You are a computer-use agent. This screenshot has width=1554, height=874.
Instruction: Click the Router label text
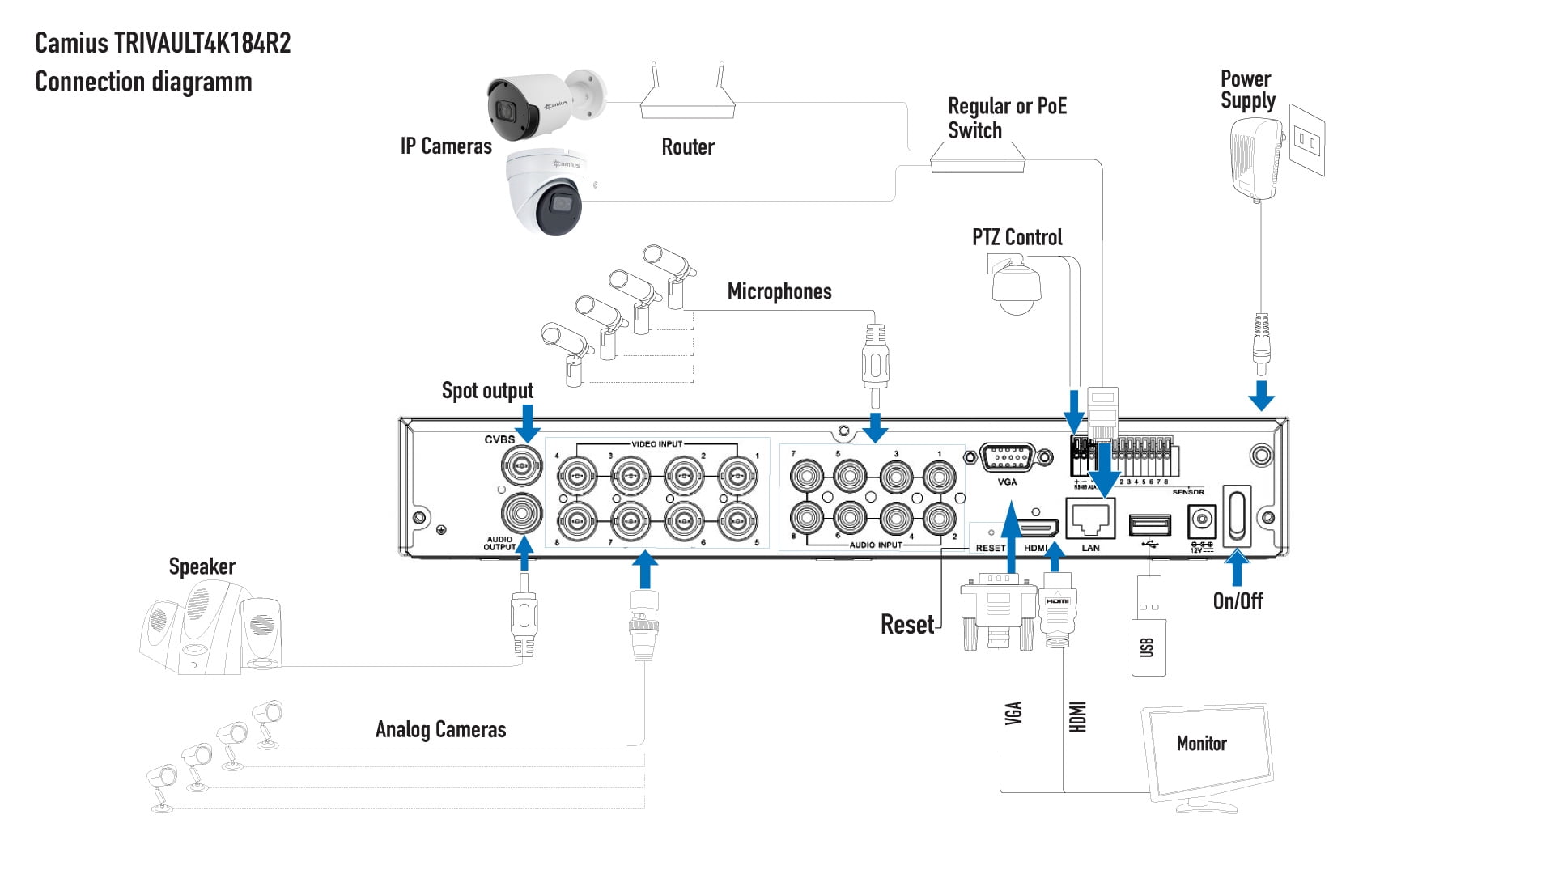(x=688, y=146)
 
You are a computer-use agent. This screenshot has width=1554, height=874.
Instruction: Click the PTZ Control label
(x=1017, y=237)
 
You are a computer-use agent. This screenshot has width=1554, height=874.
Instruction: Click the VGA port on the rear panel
(x=1006, y=458)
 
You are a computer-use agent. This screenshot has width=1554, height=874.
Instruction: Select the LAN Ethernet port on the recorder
(x=1090, y=519)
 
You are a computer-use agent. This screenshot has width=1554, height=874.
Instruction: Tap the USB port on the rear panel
(x=1149, y=525)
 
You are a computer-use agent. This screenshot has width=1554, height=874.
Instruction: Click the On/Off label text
(x=1238, y=600)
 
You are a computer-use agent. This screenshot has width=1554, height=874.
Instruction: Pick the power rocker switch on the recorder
(x=1237, y=515)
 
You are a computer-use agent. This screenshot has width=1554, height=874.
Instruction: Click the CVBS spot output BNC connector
(x=521, y=465)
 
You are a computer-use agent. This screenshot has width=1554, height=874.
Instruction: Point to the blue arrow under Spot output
(x=528, y=422)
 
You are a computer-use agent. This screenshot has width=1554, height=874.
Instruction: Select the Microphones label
(x=779, y=291)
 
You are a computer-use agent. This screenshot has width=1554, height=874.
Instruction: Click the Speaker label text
(x=202, y=566)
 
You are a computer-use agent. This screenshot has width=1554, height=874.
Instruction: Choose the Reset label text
(x=906, y=625)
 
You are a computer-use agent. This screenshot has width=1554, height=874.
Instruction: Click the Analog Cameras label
(x=440, y=729)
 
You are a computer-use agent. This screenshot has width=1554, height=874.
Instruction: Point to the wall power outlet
(x=1306, y=140)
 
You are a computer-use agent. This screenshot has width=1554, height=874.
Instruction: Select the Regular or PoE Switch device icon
(x=977, y=157)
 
